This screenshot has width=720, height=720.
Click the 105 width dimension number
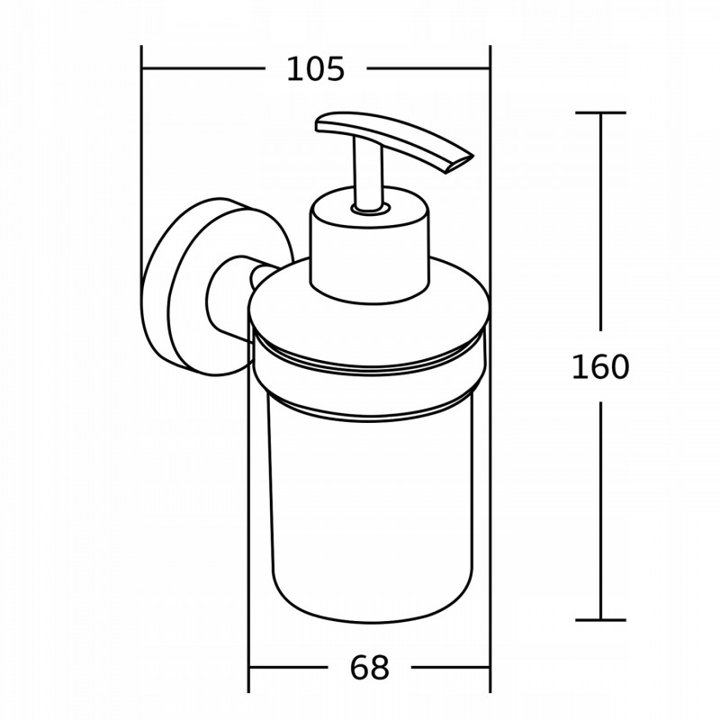[x=315, y=69]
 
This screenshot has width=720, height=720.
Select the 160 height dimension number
[x=600, y=367]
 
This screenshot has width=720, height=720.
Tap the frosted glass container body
[x=369, y=513]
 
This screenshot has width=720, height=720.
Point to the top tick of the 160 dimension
[x=600, y=113]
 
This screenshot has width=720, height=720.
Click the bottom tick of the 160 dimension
[x=600, y=619]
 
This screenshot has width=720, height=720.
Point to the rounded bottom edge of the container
[x=369, y=619]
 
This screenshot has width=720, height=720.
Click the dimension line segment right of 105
[x=428, y=69]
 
